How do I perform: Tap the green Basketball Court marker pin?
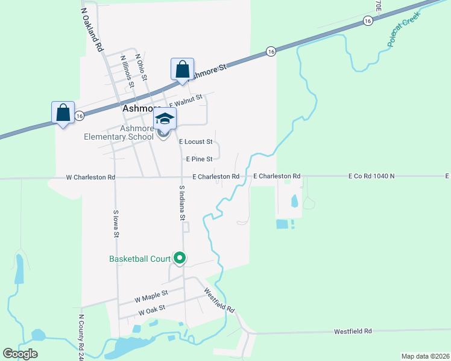(x=180, y=258)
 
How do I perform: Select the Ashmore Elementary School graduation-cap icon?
(x=165, y=119)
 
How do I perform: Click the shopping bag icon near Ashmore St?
(x=182, y=69)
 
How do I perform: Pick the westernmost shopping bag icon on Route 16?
(x=63, y=113)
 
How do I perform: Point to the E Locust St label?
(x=196, y=142)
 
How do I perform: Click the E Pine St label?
(x=199, y=159)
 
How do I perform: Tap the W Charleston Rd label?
(x=90, y=177)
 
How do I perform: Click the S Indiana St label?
(x=181, y=202)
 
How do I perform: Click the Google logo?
(x=20, y=354)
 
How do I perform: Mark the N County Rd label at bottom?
(x=80, y=336)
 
